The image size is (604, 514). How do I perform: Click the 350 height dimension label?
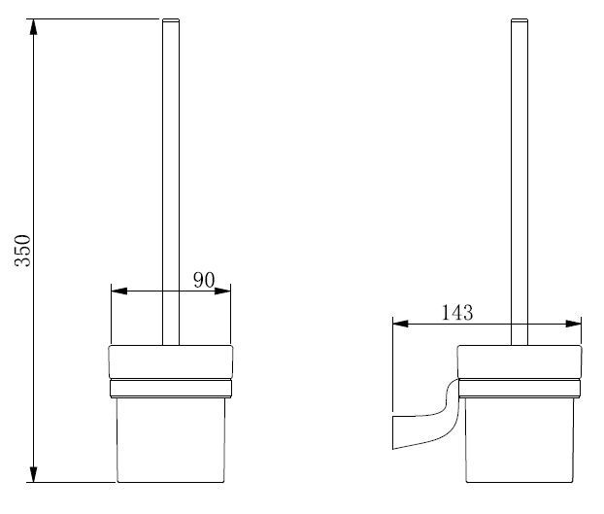pyautogui.click(x=23, y=250)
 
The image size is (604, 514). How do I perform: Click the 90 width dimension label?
pyautogui.click(x=203, y=280)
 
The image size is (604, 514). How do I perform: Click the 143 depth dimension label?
pyautogui.click(x=456, y=312)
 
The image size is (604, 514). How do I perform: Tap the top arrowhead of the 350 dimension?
pyautogui.click(x=34, y=25)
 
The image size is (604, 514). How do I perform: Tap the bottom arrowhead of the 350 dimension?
pyautogui.click(x=34, y=474)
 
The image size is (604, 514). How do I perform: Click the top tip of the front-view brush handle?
pyautogui.click(x=171, y=20)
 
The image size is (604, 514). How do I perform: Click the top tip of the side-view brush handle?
pyautogui.click(x=520, y=20)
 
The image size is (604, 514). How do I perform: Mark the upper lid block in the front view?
pyautogui.click(x=171, y=361)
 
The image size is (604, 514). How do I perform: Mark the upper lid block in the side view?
pyautogui.click(x=520, y=361)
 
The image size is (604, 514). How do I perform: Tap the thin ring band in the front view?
pyautogui.click(x=171, y=389)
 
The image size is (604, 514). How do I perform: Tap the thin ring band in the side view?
pyautogui.click(x=520, y=389)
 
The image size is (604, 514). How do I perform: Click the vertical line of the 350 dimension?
pyautogui.click(x=34, y=146)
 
